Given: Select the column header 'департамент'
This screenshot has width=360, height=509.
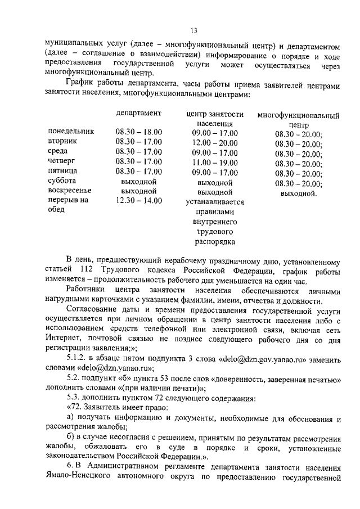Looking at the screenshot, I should click(x=139, y=113).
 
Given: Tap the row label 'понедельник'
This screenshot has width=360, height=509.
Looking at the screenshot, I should click(x=71, y=132).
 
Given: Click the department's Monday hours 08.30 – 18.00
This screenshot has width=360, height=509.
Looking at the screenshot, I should click(x=139, y=132).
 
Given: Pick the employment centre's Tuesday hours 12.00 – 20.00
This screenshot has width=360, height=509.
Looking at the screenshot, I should click(x=215, y=142).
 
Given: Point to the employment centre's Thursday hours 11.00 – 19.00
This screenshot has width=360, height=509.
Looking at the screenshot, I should click(x=215, y=162).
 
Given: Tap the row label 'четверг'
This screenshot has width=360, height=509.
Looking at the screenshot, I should click(x=62, y=162).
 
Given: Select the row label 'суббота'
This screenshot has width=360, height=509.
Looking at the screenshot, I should click(x=64, y=182).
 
